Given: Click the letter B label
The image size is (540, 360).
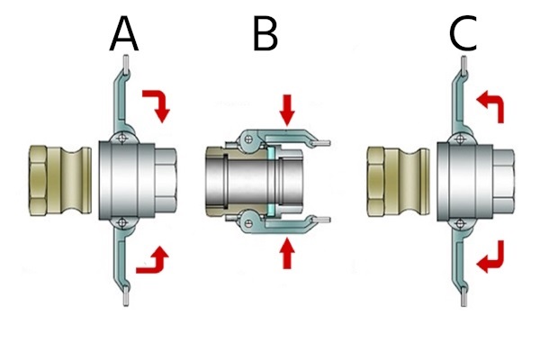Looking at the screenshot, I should point(265,35).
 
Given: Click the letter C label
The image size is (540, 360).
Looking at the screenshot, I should point(464,35).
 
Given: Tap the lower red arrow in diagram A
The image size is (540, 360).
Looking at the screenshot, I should point(150,260).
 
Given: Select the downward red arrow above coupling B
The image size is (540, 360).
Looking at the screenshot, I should point(287,110).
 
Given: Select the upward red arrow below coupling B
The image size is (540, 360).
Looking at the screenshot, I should point(287,253).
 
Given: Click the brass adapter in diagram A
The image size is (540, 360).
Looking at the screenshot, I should point(58,181).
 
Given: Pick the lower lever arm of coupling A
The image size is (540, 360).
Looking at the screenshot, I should point(120,265).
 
